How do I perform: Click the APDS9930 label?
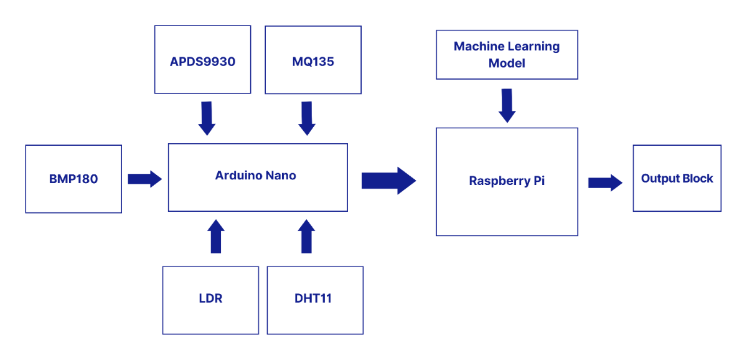(202, 62)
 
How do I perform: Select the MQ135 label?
(312, 62)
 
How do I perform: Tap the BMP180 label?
(73, 179)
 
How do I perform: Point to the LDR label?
(210, 298)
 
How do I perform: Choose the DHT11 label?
(312, 298)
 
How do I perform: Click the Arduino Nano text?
(255, 176)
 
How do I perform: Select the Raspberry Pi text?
(507, 181)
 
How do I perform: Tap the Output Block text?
(677, 179)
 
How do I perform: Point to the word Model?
(507, 64)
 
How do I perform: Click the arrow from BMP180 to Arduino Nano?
(144, 179)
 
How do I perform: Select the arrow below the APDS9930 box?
(207, 118)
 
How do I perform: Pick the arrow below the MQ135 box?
(307, 118)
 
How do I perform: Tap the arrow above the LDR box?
(216, 236)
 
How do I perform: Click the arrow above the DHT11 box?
(306, 236)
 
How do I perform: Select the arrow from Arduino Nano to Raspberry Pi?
(389, 181)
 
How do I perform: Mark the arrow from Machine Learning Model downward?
(507, 106)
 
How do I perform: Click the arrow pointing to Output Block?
(605, 183)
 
